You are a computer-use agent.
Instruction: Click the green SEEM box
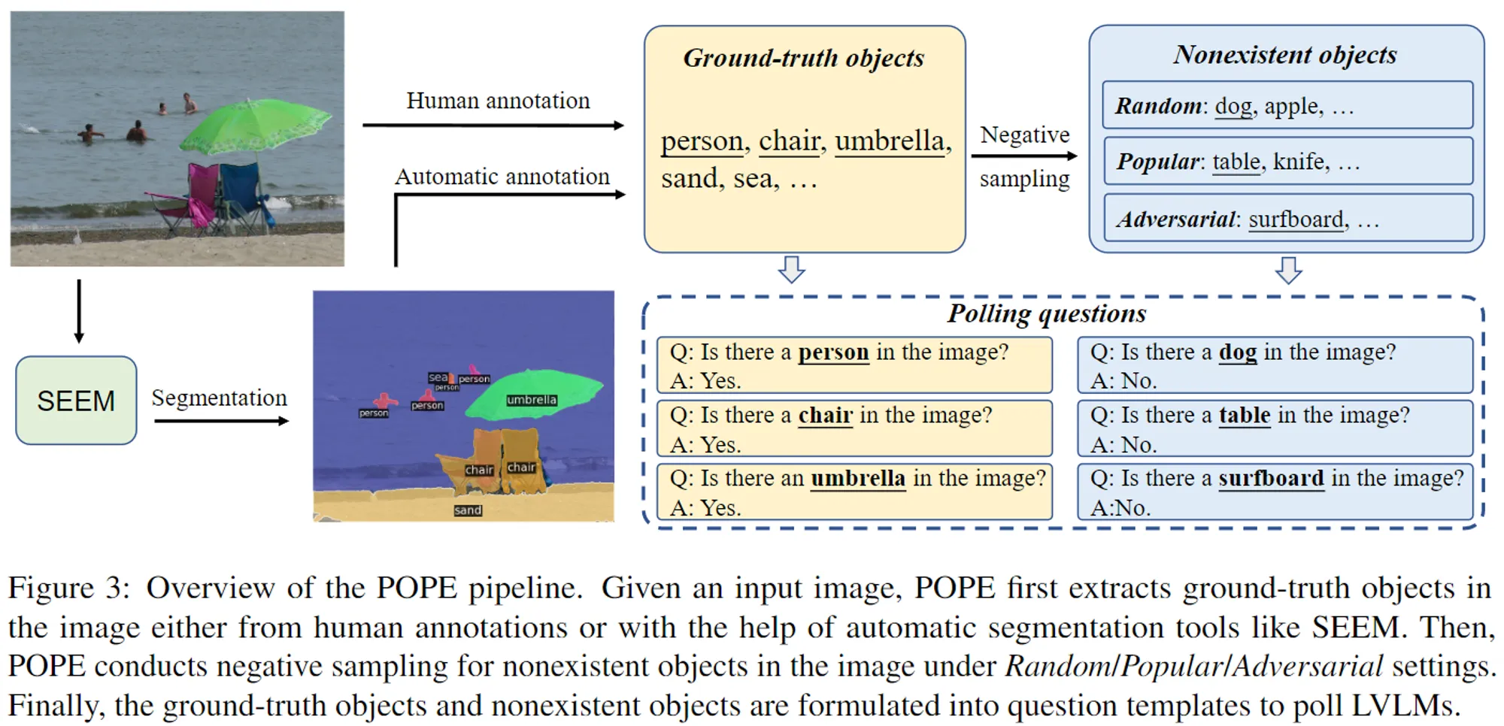76,401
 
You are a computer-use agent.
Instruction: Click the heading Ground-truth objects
803,59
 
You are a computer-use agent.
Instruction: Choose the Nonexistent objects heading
1285,55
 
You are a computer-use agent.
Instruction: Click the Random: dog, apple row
1287,105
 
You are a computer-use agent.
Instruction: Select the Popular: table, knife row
1287,161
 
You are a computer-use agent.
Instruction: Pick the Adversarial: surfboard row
1287,218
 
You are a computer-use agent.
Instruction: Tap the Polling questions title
1047,313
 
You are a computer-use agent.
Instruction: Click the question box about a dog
1275,365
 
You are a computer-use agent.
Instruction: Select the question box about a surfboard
1275,492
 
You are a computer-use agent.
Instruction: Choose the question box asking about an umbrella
855,492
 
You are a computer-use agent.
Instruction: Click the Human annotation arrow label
498,101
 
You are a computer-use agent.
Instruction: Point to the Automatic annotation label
502,177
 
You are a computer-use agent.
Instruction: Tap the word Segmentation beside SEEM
219,398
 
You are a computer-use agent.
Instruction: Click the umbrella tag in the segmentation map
532,400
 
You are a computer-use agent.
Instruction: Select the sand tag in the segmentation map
468,510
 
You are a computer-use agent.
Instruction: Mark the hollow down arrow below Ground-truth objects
792,269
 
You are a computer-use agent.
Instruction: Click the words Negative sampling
1025,156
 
